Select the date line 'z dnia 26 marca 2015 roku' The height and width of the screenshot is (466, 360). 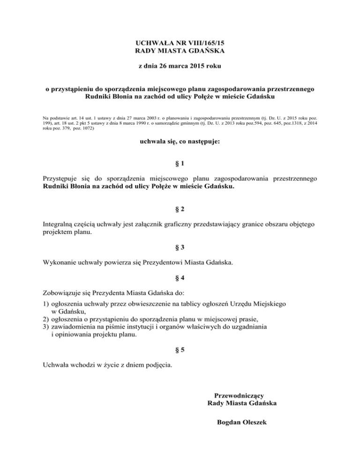pos(180,67)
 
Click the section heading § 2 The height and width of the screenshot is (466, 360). pos(180,208)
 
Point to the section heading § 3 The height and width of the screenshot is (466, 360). pos(180,247)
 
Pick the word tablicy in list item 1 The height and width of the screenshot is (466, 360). pos(194,304)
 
